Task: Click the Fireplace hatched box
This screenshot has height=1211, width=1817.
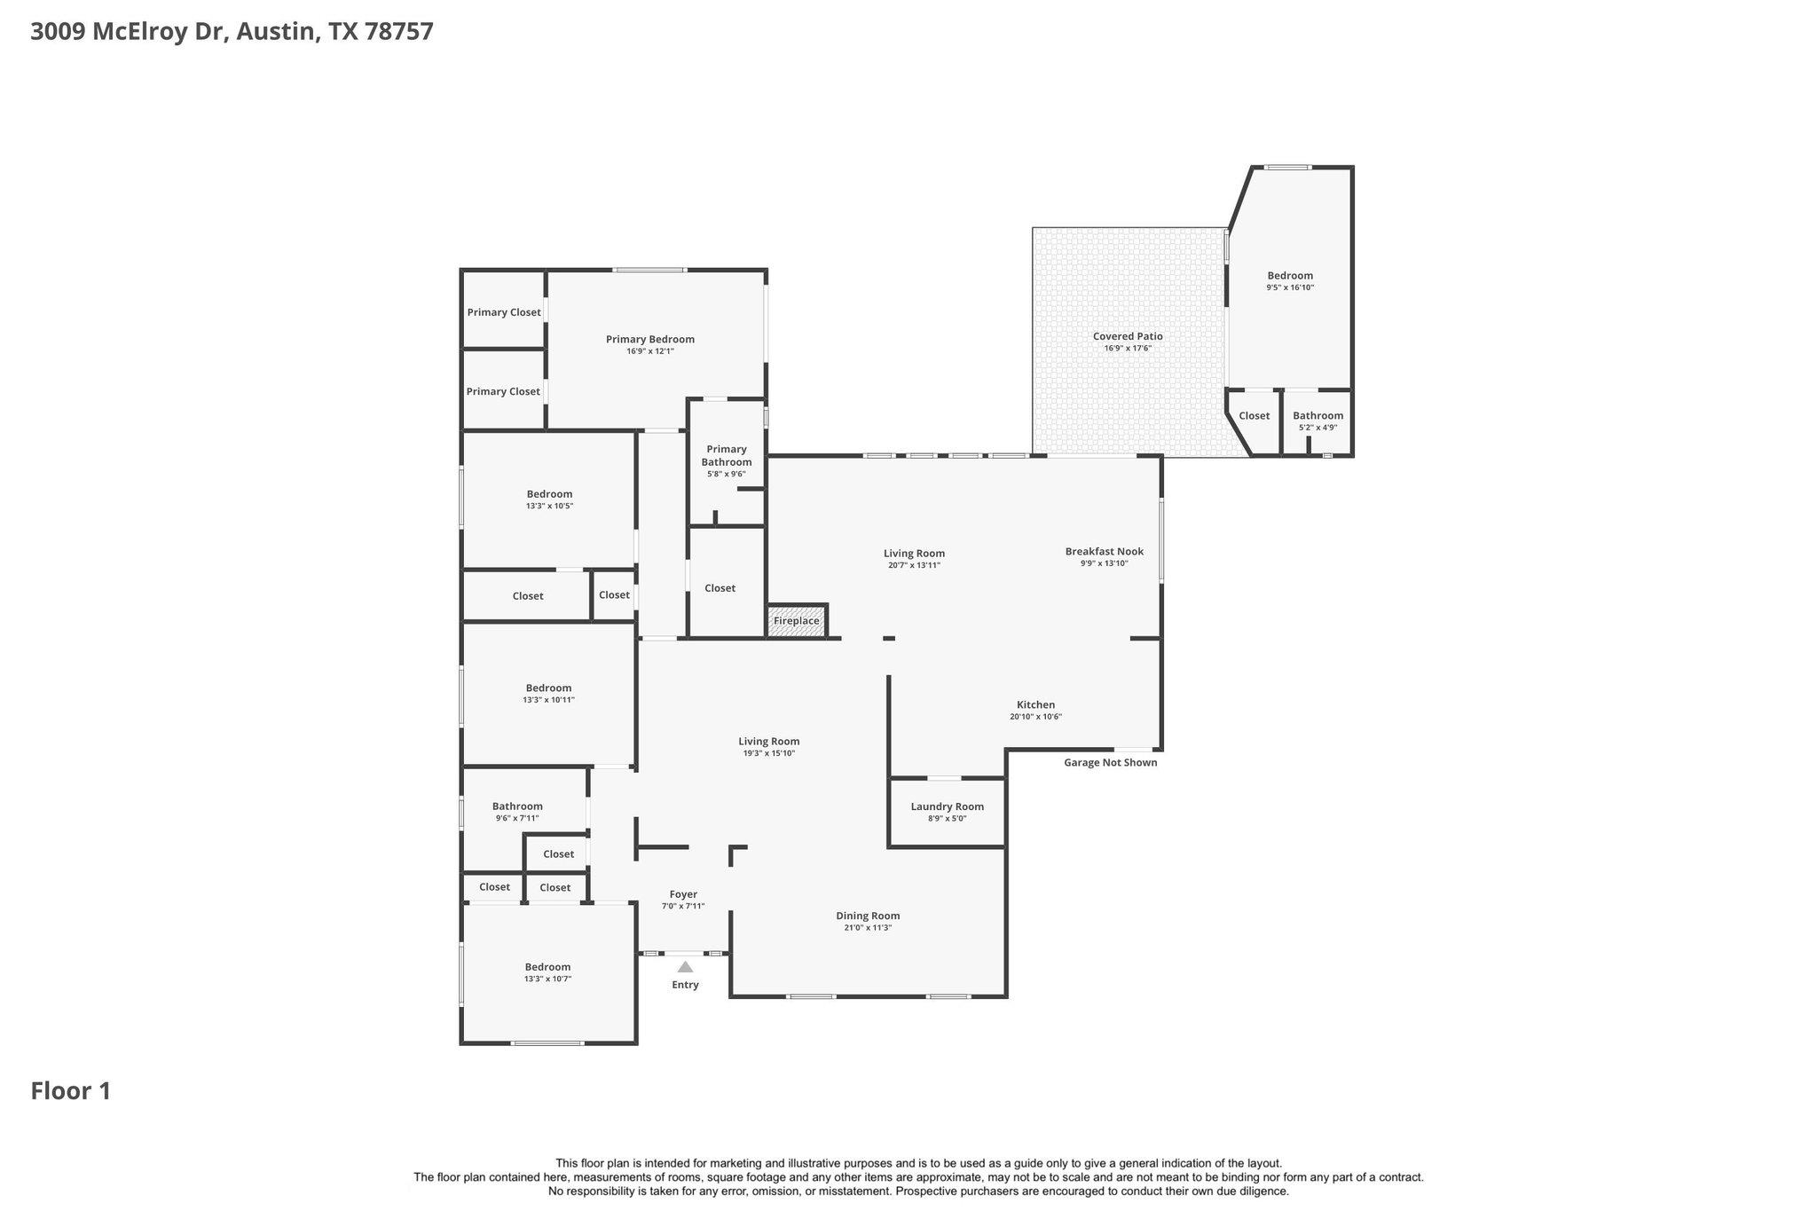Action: tap(797, 621)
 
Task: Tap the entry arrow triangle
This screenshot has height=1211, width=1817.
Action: tap(685, 967)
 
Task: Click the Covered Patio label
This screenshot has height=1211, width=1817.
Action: tap(1127, 336)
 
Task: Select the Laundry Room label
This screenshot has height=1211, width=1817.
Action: tap(947, 806)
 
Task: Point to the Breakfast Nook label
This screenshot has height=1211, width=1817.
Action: tap(1104, 551)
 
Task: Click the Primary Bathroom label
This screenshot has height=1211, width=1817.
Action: tap(726, 455)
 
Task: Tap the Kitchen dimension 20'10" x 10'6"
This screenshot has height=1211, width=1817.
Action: tap(1035, 717)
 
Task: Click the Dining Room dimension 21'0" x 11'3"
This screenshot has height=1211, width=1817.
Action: tap(867, 928)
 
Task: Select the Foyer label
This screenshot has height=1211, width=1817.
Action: tap(683, 894)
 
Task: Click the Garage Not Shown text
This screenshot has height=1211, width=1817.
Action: tap(1110, 762)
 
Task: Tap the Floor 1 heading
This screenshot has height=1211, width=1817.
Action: tap(71, 1090)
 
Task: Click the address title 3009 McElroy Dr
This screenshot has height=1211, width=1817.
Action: tap(232, 32)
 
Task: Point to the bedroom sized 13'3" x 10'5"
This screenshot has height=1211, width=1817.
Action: tap(549, 499)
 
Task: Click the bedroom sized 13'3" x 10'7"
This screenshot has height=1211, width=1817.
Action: tap(547, 972)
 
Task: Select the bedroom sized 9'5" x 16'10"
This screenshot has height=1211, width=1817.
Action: tap(1289, 280)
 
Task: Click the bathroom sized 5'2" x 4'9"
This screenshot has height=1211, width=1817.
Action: tap(1318, 421)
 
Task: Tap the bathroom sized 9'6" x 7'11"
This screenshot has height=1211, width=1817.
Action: tap(517, 812)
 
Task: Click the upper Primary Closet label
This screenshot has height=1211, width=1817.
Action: tap(504, 312)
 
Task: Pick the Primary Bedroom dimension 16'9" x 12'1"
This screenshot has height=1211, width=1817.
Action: tap(649, 351)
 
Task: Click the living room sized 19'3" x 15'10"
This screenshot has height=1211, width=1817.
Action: tap(768, 747)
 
